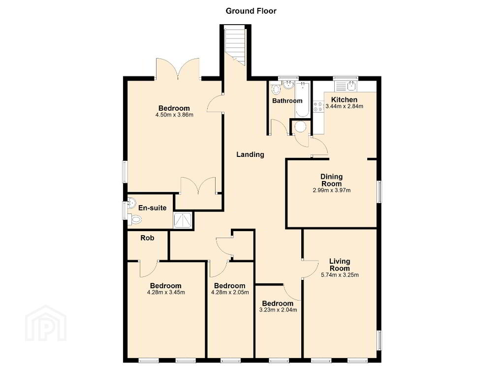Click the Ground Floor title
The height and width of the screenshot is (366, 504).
pos(251,11)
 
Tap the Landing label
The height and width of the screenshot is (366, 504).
pos(251,154)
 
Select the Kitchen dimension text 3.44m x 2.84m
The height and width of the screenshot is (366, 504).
pos(344,106)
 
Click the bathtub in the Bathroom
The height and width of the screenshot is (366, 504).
pos(303,99)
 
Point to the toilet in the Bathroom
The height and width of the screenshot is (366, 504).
pos(276,89)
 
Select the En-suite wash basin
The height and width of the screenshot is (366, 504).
pos(132,203)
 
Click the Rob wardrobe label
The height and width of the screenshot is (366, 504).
pos(147,238)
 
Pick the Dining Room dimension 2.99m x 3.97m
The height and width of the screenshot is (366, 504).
pos(332,190)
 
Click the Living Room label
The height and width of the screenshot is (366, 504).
pos(340,265)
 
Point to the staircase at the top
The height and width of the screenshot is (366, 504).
pos(235,44)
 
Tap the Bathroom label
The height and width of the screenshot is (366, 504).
pos(287,101)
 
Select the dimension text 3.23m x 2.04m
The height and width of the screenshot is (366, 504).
pos(278,310)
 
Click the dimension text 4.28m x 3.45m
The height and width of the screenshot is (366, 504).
pos(166,292)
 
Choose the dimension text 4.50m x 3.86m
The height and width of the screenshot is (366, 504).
pos(174,115)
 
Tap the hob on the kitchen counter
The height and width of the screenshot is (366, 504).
pos(318,107)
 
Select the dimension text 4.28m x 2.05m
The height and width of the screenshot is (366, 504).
pos(230,292)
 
